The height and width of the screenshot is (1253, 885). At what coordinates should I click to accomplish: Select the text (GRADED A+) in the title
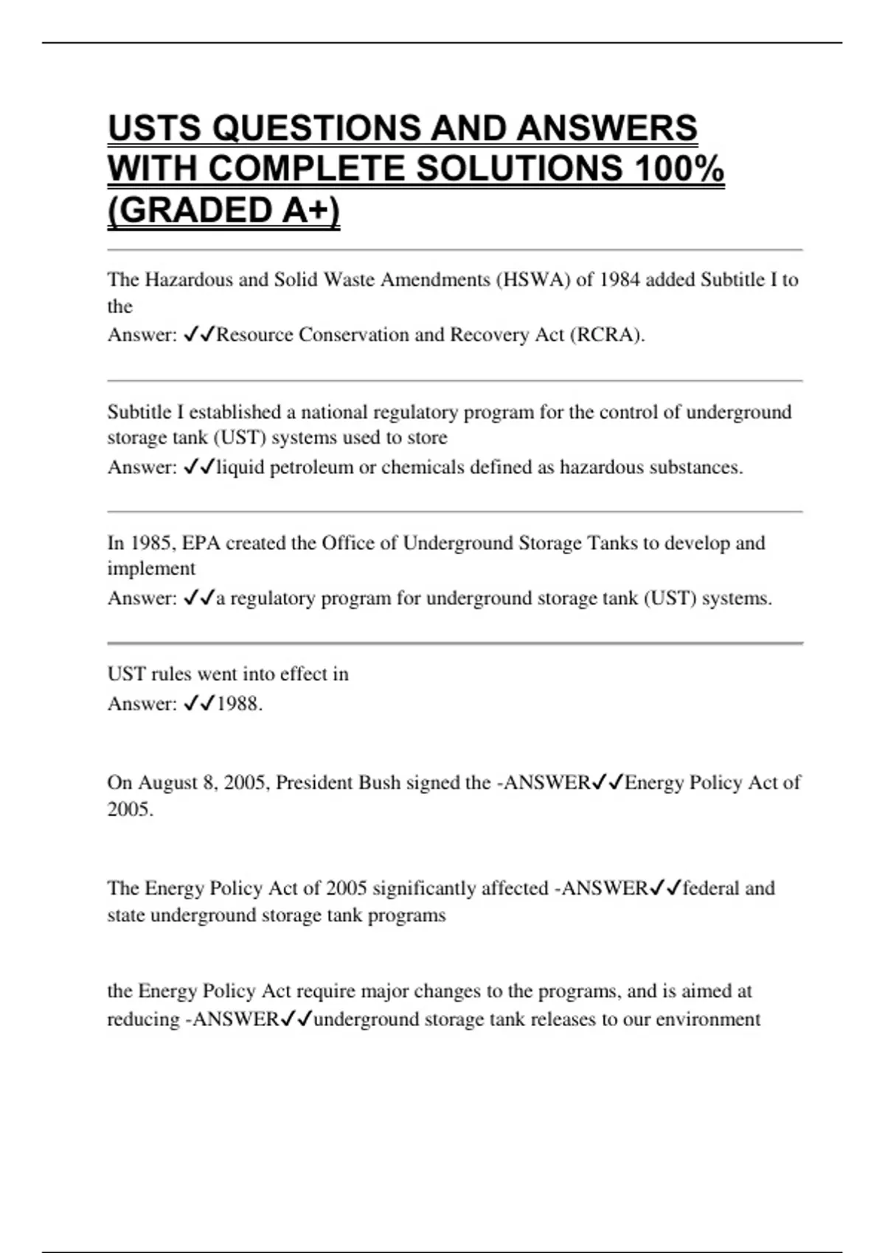click(x=223, y=210)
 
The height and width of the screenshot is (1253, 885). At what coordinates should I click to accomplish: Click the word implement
click(x=151, y=569)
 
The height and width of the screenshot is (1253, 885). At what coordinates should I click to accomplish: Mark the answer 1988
click(x=239, y=704)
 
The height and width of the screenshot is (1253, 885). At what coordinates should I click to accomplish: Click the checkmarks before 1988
click(x=198, y=704)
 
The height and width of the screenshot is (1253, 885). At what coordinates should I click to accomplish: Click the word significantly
click(x=424, y=888)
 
